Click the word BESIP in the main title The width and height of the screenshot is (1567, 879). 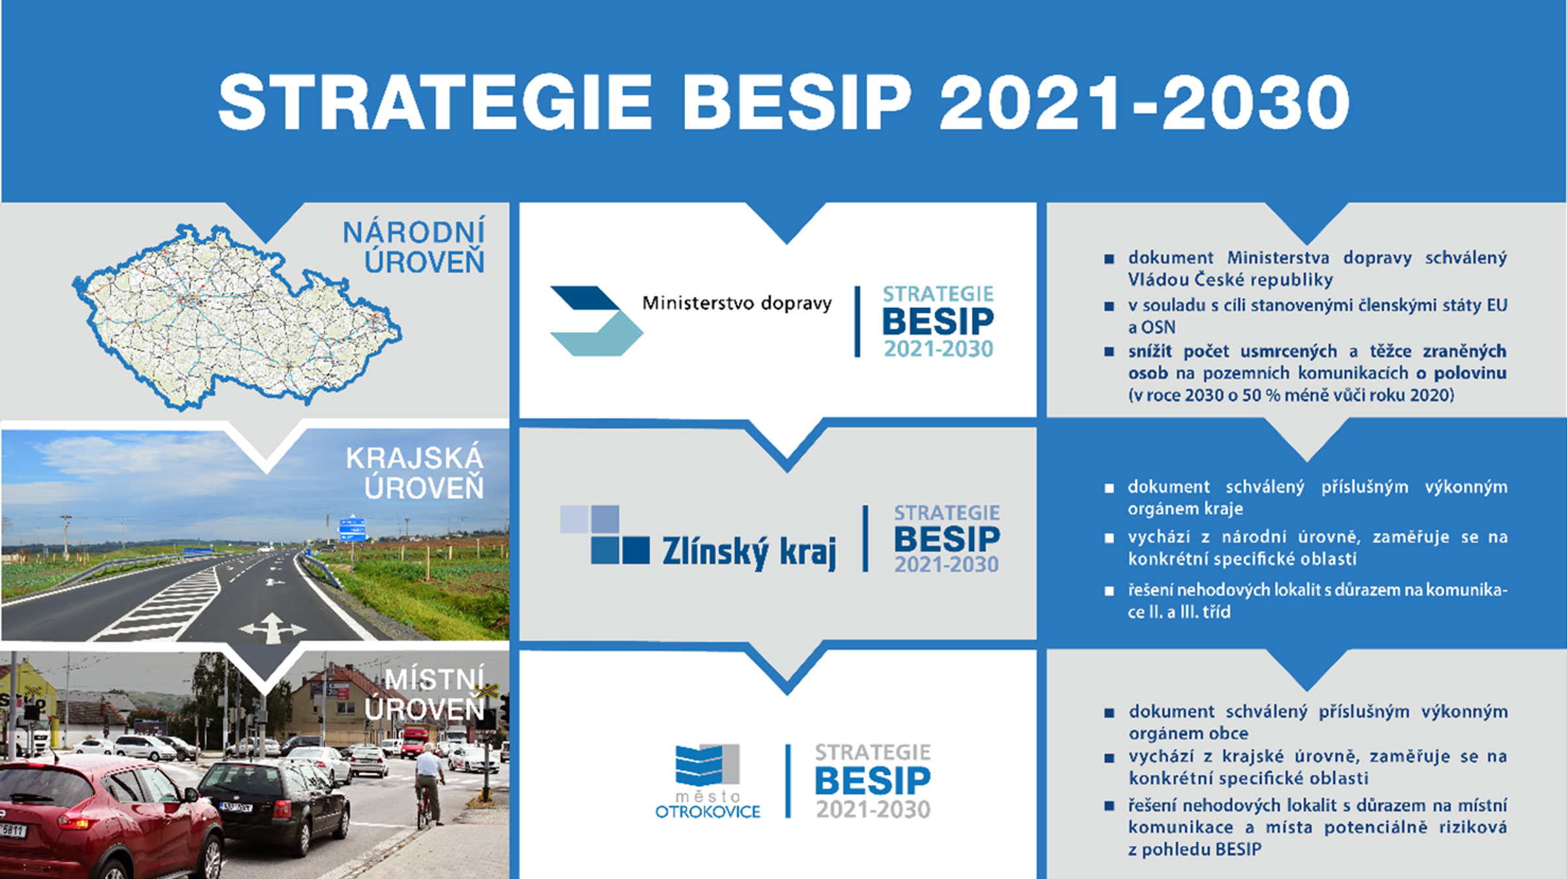(x=796, y=102)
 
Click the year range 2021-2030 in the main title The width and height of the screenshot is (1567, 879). (x=1144, y=102)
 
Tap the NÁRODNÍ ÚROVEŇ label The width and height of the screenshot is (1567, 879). (x=414, y=247)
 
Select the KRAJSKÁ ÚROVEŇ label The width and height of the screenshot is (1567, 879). (x=415, y=472)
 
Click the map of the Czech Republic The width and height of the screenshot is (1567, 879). (x=235, y=316)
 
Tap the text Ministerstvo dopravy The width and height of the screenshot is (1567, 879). (x=736, y=303)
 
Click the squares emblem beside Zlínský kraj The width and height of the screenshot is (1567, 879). (x=604, y=534)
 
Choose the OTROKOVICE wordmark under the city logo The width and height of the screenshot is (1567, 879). (x=708, y=812)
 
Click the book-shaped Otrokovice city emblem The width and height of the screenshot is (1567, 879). (x=706, y=765)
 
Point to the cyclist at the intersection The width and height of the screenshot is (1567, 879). (x=429, y=783)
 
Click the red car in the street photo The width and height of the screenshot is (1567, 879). (x=104, y=819)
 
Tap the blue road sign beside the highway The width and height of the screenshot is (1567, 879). (x=353, y=529)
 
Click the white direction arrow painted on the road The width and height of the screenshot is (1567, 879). (x=273, y=628)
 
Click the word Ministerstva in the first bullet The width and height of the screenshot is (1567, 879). (x=1278, y=258)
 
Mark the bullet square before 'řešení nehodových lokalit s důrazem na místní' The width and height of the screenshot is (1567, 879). (x=1109, y=806)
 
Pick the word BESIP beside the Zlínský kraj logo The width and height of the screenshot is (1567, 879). (x=947, y=540)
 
